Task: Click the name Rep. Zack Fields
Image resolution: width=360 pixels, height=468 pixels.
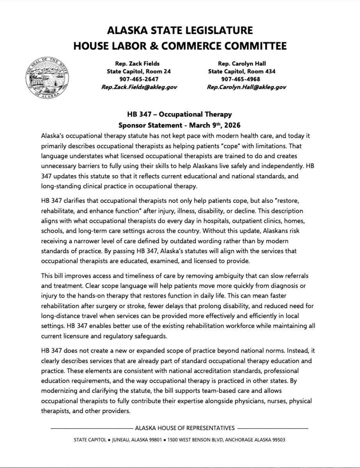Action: pos(137,64)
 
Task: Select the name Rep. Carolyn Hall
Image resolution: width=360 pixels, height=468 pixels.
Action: pos(242,64)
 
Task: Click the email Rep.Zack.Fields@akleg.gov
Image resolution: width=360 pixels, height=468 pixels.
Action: pos(139,87)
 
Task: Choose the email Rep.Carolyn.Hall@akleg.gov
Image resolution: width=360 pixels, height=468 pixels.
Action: pos(246,87)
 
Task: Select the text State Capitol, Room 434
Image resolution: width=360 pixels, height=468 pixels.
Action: pos(242,71)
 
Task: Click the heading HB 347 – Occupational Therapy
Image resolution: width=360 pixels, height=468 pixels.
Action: pos(179,114)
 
